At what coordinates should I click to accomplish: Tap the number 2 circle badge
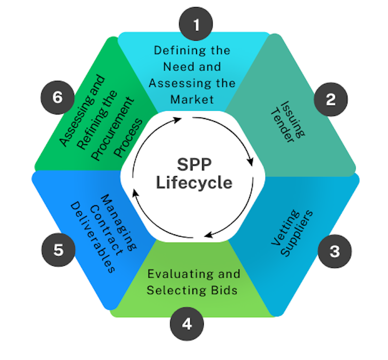click(x=330, y=99)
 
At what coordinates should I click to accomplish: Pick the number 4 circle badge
click(x=187, y=324)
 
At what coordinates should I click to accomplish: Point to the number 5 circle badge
click(x=58, y=250)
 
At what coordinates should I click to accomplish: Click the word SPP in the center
click(x=195, y=165)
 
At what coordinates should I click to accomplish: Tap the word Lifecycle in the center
click(x=195, y=182)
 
